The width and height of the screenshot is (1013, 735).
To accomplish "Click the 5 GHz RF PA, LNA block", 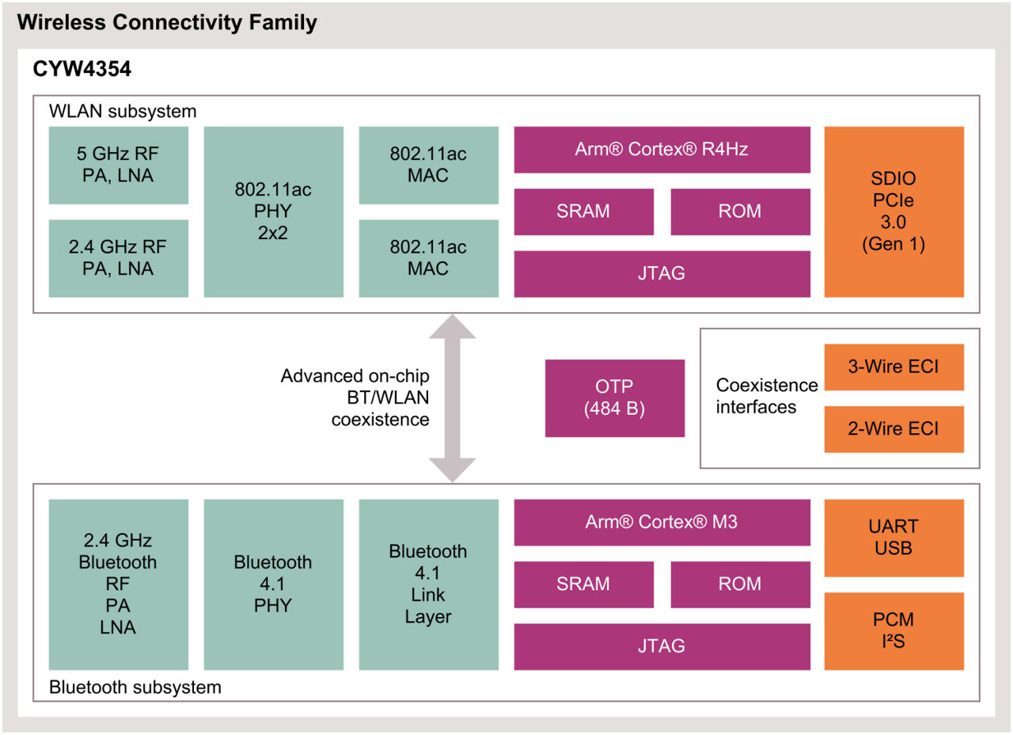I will click(118, 165).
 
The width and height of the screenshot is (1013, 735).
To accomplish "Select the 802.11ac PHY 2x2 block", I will click(273, 211).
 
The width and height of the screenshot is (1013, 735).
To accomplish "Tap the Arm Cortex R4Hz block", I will click(662, 149).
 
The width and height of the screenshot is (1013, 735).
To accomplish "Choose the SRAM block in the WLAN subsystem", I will click(583, 211).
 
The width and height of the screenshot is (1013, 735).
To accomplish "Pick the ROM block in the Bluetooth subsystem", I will click(739, 584).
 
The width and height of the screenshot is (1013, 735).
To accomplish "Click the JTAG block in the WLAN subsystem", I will click(662, 273).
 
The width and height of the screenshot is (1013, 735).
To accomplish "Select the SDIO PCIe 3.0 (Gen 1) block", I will click(893, 211).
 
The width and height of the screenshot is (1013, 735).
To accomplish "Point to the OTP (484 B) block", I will click(614, 398).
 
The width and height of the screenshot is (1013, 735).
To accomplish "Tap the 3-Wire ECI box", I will click(893, 367).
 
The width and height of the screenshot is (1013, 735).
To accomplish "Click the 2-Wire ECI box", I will click(893, 428).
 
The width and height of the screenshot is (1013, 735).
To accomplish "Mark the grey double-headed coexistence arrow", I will click(452, 398).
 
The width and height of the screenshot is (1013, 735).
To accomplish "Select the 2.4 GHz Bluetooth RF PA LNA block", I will click(118, 584).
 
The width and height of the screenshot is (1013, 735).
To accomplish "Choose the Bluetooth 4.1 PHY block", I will click(273, 584).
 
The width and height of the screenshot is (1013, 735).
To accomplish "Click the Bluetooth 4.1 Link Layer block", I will click(428, 584).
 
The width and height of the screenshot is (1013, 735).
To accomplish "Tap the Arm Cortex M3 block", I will click(662, 522).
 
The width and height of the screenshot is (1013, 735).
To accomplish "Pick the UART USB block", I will click(893, 537).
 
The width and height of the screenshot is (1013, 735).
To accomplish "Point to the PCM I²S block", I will click(893, 630).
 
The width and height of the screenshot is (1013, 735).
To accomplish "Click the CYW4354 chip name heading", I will click(82, 70).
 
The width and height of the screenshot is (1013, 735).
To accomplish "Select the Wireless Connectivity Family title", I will click(167, 22).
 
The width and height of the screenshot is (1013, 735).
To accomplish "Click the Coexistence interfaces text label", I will click(766, 396).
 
